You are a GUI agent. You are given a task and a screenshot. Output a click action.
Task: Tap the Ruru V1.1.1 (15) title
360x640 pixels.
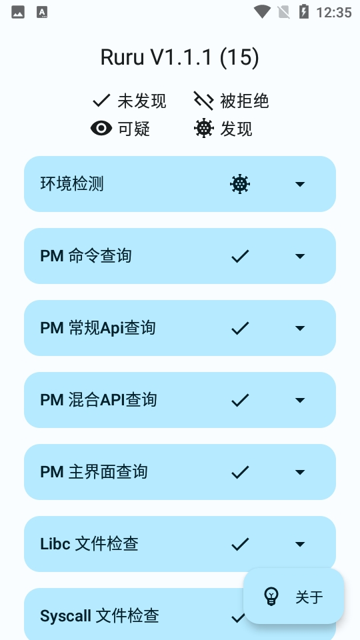click(x=179, y=57)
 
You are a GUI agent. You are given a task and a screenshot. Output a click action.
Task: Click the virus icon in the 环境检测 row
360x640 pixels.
click(x=240, y=184)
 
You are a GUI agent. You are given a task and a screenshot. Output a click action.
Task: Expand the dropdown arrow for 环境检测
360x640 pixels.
click(x=300, y=184)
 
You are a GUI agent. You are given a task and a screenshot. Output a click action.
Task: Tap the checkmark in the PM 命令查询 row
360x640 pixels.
click(x=240, y=256)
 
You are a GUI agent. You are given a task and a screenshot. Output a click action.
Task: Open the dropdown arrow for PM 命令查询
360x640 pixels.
click(x=300, y=256)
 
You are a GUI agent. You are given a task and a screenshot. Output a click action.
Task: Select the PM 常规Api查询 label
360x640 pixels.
click(x=98, y=328)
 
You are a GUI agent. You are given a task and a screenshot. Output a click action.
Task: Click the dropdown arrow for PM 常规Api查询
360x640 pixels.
click(x=300, y=328)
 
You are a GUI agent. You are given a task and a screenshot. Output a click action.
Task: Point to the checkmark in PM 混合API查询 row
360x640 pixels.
click(x=240, y=400)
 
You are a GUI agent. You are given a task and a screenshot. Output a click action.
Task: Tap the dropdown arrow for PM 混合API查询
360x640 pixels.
click(x=300, y=400)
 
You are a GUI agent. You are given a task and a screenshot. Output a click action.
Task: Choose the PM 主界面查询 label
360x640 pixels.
click(x=94, y=472)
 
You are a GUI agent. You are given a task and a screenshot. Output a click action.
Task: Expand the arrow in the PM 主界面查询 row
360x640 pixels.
click(x=300, y=472)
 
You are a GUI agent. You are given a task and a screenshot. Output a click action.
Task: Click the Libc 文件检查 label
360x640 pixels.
click(x=89, y=544)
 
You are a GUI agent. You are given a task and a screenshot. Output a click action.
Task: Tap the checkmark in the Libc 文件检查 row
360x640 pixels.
click(x=240, y=544)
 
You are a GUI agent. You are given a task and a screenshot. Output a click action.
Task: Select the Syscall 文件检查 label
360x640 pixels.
click(x=99, y=616)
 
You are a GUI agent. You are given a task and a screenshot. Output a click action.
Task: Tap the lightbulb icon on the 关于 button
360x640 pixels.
click(x=271, y=596)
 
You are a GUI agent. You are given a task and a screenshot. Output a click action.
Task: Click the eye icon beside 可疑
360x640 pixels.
click(x=101, y=129)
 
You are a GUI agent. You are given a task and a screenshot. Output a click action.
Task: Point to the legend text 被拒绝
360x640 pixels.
click(x=245, y=101)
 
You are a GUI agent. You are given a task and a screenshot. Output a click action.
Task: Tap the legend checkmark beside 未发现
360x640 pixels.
click(x=101, y=101)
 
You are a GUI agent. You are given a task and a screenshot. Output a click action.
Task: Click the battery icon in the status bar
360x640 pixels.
click(x=304, y=12)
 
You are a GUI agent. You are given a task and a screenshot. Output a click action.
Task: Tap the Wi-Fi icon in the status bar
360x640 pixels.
click(x=262, y=11)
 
